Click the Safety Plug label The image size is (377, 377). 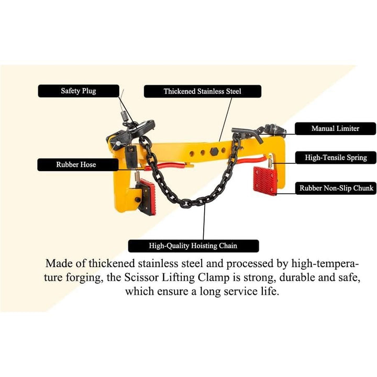point(79,91)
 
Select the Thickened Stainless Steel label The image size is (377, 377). point(203,91)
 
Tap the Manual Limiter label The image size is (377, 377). point(336,128)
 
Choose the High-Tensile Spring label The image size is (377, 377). point(336,158)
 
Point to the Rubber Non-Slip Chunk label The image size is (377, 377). point(336,188)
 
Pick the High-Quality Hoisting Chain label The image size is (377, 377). point(193,246)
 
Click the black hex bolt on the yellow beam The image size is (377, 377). point(214,151)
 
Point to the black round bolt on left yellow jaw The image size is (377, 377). point(138,199)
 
